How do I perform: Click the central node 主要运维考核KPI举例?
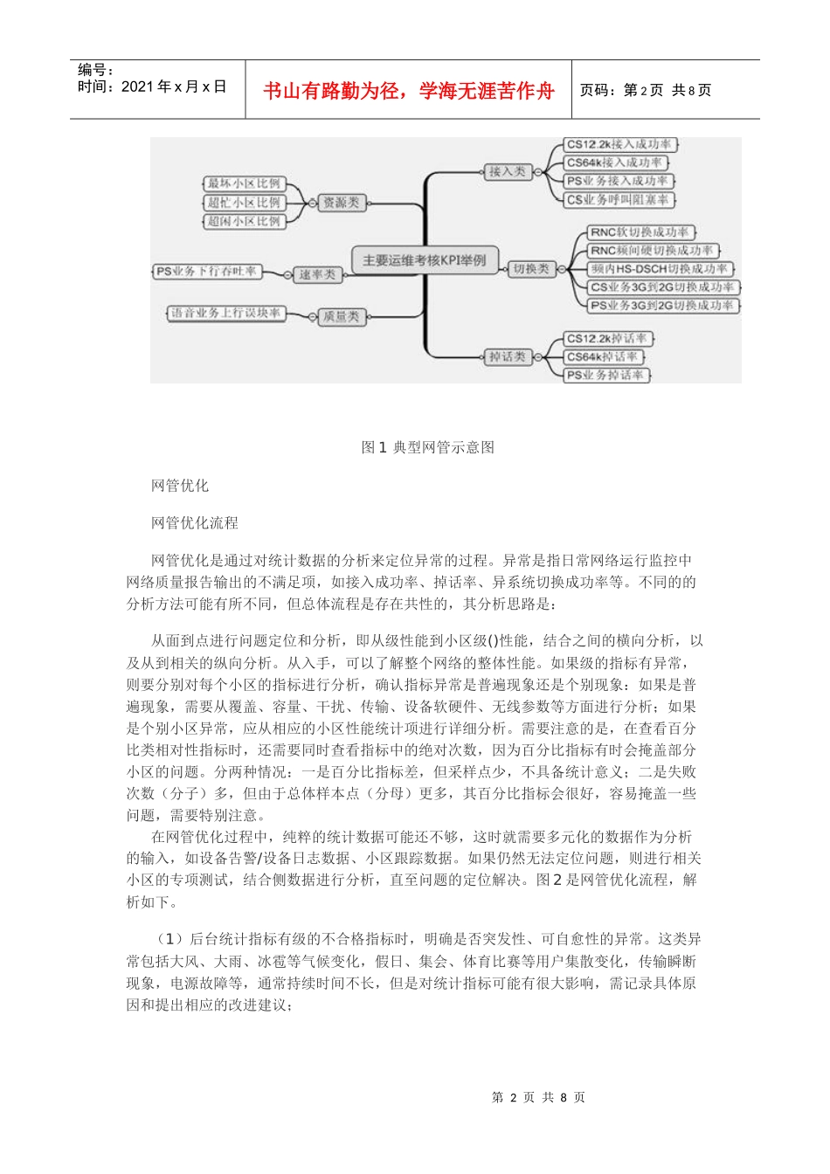tap(425, 260)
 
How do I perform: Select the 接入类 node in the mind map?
tap(508, 171)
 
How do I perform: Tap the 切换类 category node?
tap(531, 269)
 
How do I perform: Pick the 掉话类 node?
tap(508, 356)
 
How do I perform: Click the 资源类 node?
tap(341, 203)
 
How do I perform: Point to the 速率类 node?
tap(317, 274)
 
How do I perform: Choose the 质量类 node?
tap(341, 316)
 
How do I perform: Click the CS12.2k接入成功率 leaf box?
tap(619, 144)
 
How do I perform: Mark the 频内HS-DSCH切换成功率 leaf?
tap(659, 269)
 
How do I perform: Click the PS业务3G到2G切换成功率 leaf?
tap(661, 306)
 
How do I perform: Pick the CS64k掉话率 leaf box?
tap(603, 356)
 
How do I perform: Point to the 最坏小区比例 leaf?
tap(244, 183)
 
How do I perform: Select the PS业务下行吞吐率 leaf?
tap(207, 272)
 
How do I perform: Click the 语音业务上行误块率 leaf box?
tap(226, 312)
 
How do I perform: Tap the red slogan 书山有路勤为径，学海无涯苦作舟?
tap(409, 91)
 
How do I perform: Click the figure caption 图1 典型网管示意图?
tap(428, 447)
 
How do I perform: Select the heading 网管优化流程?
tap(195, 522)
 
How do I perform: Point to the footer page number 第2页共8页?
tap(538, 1097)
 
